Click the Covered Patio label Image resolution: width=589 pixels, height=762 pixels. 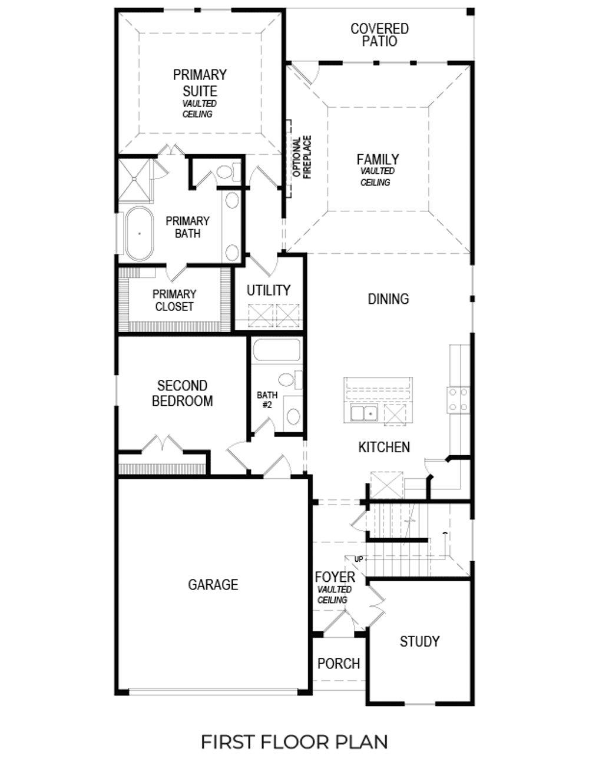(x=379, y=35)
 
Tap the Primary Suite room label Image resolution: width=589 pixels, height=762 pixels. (x=200, y=83)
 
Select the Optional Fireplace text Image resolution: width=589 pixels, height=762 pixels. (x=302, y=157)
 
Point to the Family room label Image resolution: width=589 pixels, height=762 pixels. (x=378, y=160)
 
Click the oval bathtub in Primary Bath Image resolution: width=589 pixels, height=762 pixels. (x=140, y=233)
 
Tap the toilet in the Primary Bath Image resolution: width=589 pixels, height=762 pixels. (x=226, y=173)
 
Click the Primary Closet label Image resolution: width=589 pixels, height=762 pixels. (x=174, y=300)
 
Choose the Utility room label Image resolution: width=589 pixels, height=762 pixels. (x=269, y=290)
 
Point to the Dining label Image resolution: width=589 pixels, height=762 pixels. (x=388, y=299)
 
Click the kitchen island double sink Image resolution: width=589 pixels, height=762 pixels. (x=364, y=413)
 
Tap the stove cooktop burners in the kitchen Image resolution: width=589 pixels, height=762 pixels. (x=458, y=399)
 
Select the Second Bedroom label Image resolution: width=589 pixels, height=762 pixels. (x=182, y=393)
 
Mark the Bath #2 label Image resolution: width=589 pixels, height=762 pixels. (x=267, y=400)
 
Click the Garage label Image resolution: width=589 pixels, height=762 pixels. (x=213, y=585)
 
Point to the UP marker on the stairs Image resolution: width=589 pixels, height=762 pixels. (x=358, y=559)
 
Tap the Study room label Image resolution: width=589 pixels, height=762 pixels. (x=419, y=641)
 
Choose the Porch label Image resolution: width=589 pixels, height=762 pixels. (x=338, y=664)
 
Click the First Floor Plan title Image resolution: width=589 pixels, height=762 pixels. (x=294, y=741)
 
